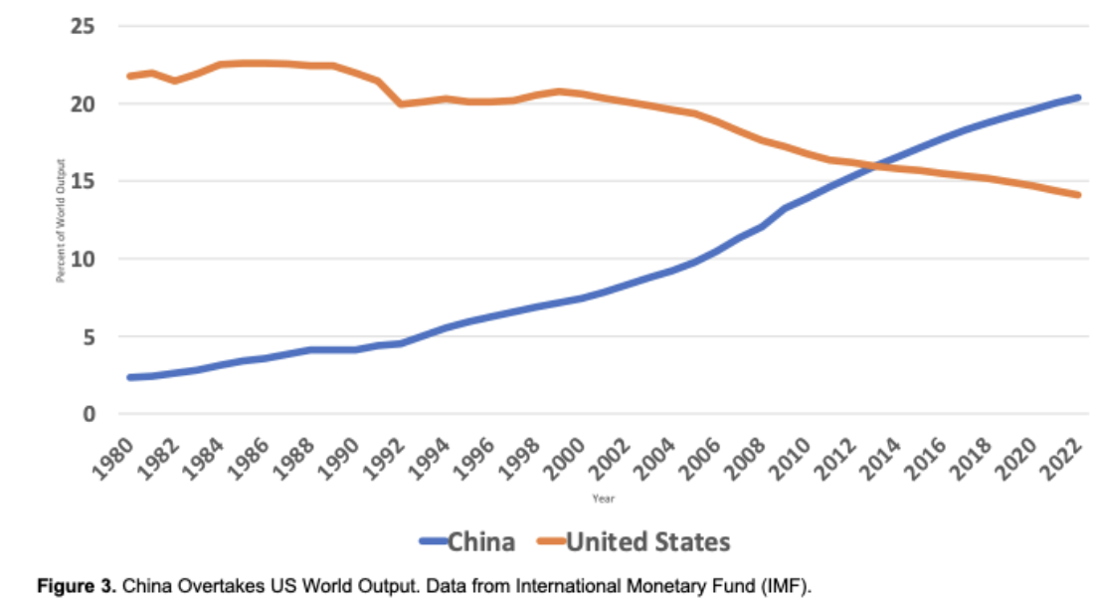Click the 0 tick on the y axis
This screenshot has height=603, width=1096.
pyautogui.click(x=88, y=414)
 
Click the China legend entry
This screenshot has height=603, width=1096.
pyautogui.click(x=468, y=542)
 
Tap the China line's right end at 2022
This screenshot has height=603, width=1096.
pyautogui.click(x=1079, y=98)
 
